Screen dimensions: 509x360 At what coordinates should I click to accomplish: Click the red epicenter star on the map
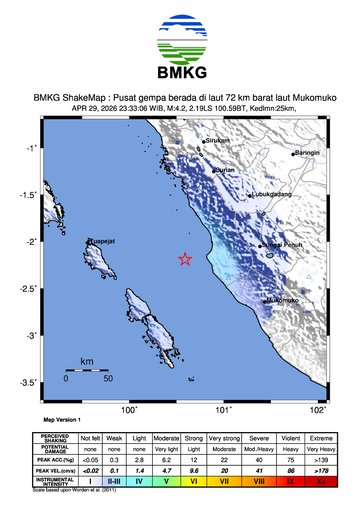pyautogui.click(x=185, y=258)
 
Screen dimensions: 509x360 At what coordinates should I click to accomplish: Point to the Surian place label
pyautogui.click(x=225, y=170)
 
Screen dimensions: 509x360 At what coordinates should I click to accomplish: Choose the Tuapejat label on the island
pyautogui.click(x=101, y=242)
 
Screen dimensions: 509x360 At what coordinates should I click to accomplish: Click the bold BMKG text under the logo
pyautogui.click(x=179, y=74)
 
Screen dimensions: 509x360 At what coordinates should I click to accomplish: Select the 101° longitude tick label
pyautogui.click(x=224, y=410)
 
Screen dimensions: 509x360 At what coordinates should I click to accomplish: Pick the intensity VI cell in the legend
pyautogui.click(x=194, y=481)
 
